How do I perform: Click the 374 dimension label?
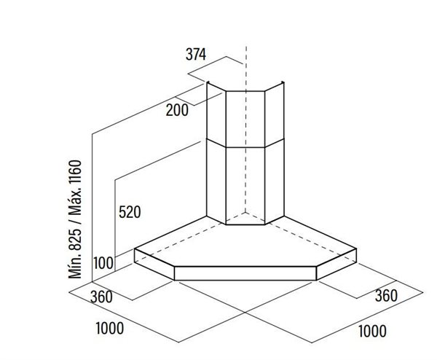(196, 54)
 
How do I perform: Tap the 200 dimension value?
(177, 110)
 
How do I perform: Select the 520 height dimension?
(130, 212)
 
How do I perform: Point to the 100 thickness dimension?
(103, 263)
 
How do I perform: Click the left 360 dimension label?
(101, 297)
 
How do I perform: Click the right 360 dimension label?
(386, 296)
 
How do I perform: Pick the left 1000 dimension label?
(110, 328)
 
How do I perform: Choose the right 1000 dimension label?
(372, 331)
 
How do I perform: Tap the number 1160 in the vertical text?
(75, 172)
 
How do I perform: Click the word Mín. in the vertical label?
(75, 265)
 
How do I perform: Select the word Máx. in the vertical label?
(75, 201)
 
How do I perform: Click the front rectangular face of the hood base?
(245, 273)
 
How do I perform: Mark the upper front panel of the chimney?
(245, 119)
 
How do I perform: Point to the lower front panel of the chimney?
(245, 186)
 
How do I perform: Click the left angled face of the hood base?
(154, 264)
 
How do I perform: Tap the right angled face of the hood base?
(336, 264)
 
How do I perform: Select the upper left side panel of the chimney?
(216, 114)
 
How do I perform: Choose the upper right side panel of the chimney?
(275, 114)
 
